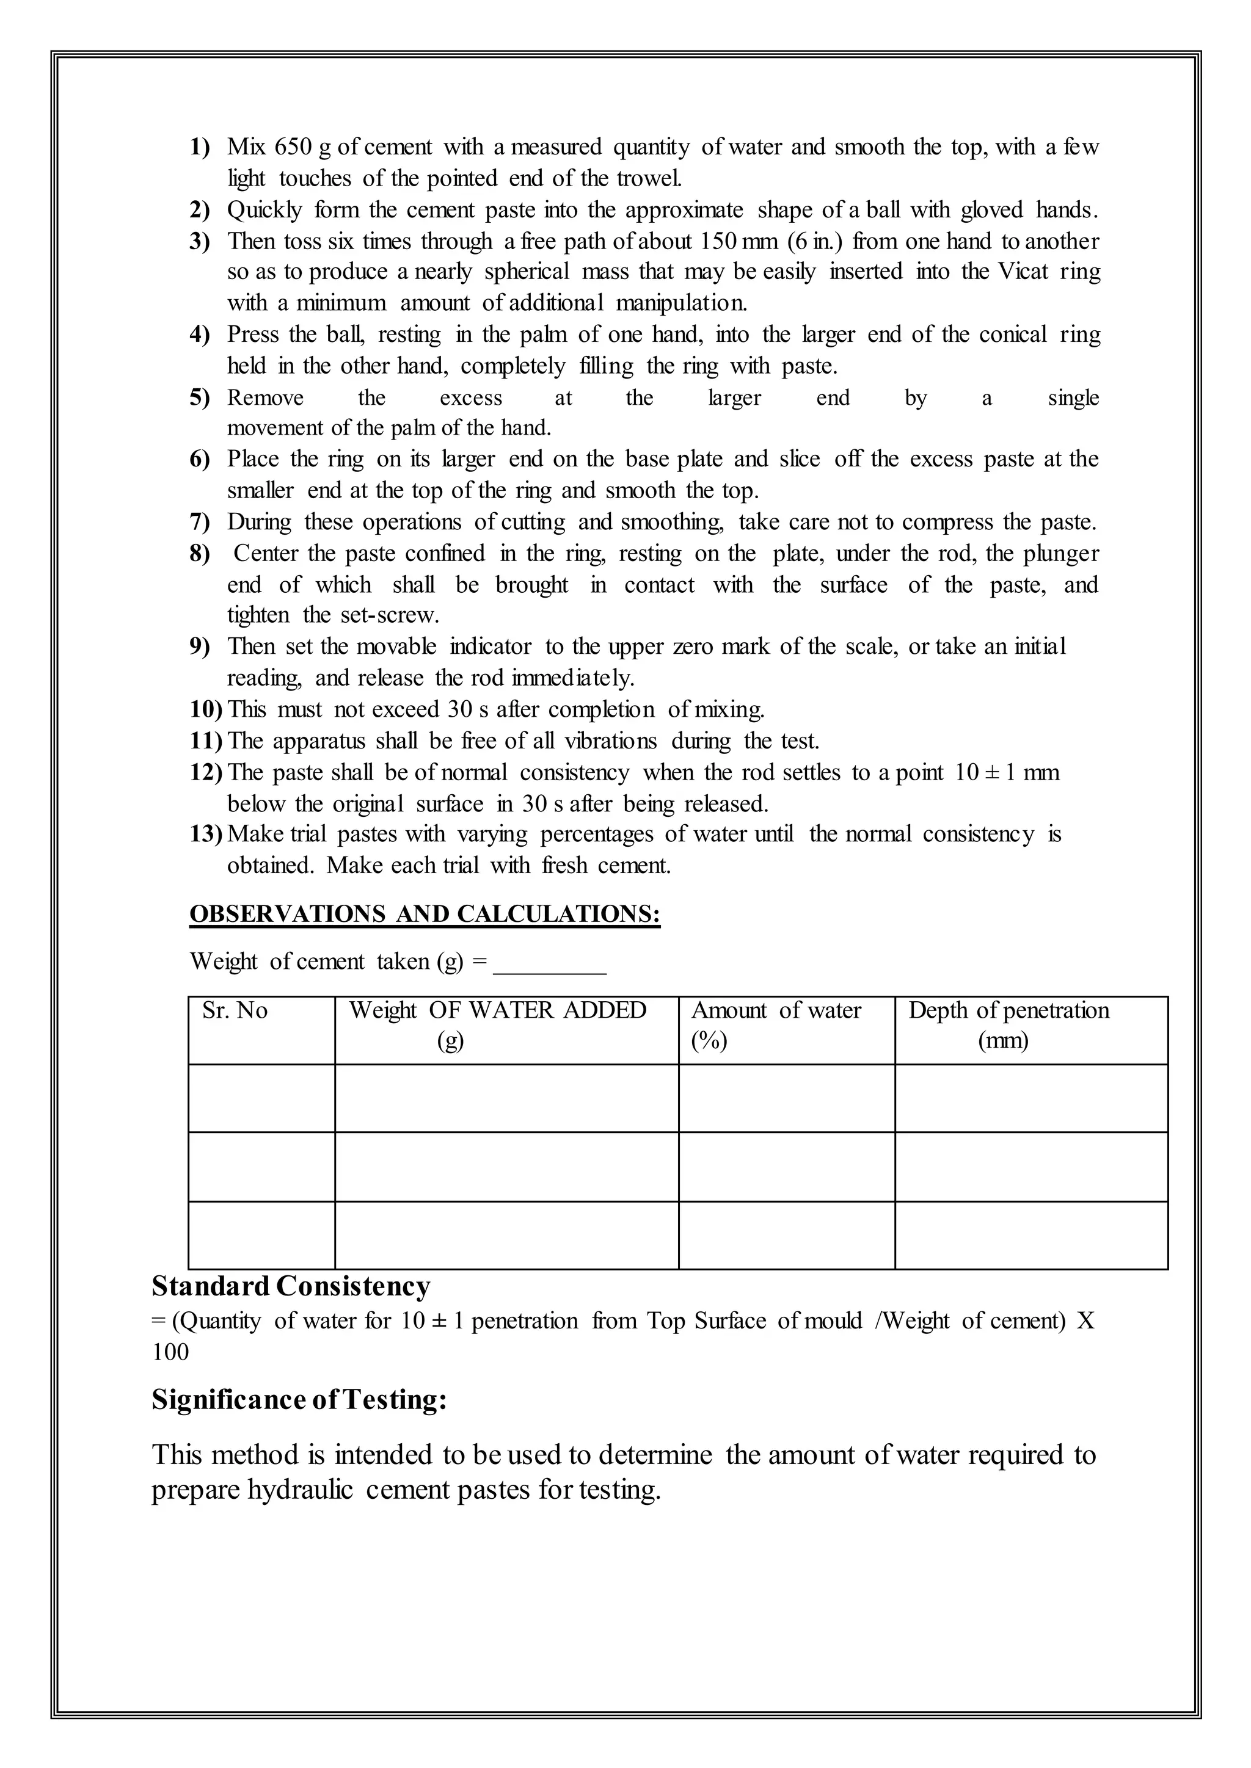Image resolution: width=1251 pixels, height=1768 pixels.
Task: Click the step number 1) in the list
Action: [200, 147]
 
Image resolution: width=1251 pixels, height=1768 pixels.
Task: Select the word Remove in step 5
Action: [265, 397]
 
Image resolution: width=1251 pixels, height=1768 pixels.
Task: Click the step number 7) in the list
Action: [200, 522]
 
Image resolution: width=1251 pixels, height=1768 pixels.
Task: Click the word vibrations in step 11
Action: [611, 741]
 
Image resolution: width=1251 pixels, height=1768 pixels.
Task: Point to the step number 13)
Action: [206, 834]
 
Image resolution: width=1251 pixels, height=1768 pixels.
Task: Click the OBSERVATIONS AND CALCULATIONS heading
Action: [425, 914]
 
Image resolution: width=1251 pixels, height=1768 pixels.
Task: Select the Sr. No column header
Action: [235, 1010]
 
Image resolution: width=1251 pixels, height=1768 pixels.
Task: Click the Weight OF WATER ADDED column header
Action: [498, 1010]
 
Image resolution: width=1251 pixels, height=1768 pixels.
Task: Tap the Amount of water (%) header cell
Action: [776, 1024]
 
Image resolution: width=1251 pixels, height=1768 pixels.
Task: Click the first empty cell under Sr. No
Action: [261, 1099]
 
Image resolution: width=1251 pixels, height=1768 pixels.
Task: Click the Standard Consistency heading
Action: [291, 1286]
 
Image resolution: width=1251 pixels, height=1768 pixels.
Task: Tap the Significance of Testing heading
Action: [299, 1399]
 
